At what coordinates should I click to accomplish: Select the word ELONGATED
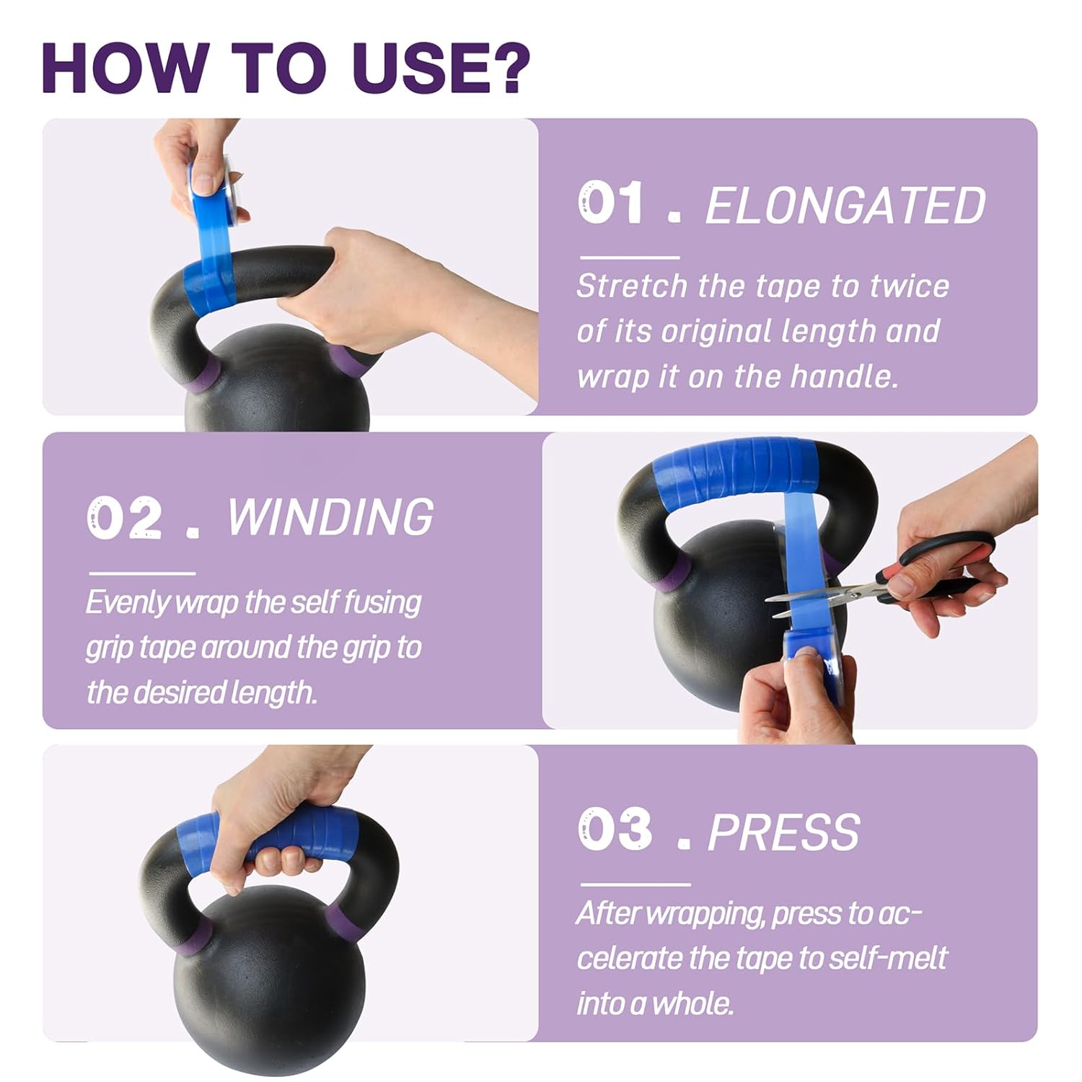[x=845, y=206]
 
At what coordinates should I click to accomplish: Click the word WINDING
[x=330, y=516]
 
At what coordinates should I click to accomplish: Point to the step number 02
[x=125, y=517]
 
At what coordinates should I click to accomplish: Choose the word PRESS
[x=783, y=832]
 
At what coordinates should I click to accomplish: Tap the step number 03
[x=615, y=829]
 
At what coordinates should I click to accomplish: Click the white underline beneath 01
[x=630, y=257]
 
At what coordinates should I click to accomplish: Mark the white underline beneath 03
[x=635, y=884]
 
